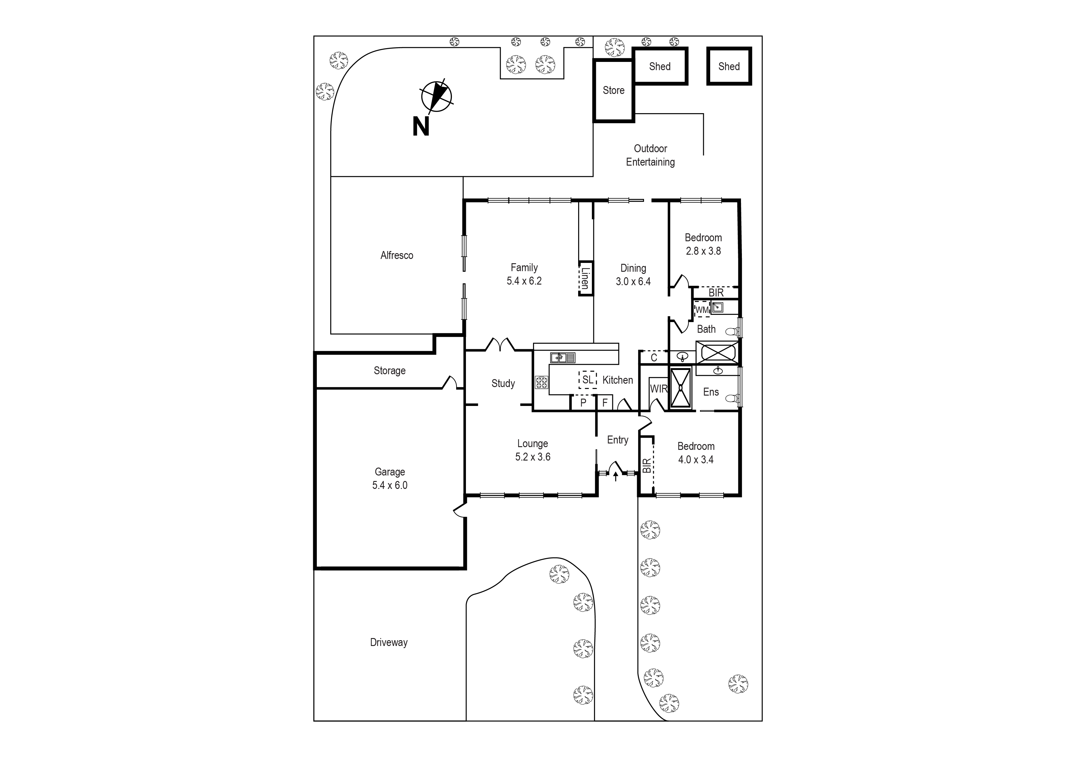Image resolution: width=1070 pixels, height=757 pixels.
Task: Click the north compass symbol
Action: [x=436, y=96]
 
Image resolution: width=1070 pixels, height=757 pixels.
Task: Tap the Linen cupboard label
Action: [x=585, y=278]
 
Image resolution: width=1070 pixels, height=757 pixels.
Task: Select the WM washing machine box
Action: [x=702, y=310]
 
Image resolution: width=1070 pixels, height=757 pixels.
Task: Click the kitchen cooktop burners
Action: [x=542, y=383]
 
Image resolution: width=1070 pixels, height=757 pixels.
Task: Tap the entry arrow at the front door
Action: [x=616, y=476]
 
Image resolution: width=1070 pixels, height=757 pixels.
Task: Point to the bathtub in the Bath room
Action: [x=718, y=352]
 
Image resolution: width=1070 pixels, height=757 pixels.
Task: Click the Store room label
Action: [x=613, y=90]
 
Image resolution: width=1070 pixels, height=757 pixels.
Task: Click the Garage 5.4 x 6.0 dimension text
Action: [x=390, y=485]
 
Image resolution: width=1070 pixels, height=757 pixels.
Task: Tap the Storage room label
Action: [x=390, y=371]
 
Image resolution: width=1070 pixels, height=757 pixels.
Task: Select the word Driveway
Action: [x=389, y=642]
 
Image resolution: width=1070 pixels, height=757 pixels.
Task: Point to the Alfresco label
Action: [x=397, y=256]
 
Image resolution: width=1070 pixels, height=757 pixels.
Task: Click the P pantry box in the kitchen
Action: [x=583, y=403]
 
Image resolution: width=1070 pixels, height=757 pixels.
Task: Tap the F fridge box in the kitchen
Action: [x=605, y=403]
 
